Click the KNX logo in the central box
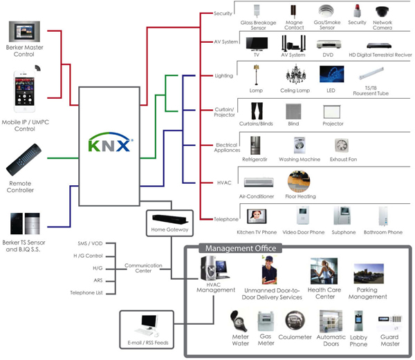tap(111, 146)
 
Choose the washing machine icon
tap(299, 146)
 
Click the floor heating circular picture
tap(299, 182)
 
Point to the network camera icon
tap(382, 12)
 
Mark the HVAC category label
tap(223, 182)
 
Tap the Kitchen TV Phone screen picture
tap(257, 216)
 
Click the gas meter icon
tap(266, 322)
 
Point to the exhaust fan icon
tap(341, 146)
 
